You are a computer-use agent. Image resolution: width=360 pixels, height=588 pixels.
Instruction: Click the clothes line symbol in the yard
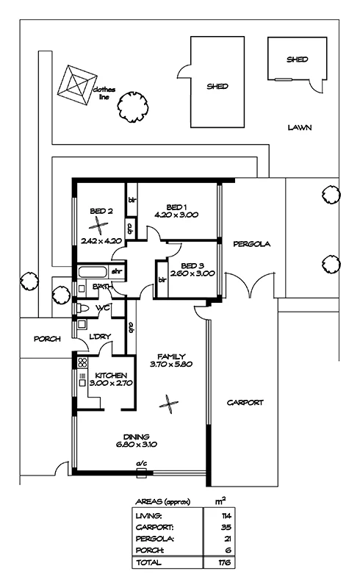tap(77, 85)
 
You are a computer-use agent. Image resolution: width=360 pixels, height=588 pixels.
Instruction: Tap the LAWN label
tap(300, 127)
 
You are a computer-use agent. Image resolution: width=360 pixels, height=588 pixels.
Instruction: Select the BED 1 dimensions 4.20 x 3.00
tap(176, 215)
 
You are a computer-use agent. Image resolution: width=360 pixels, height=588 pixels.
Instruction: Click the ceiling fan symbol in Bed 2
tap(98, 226)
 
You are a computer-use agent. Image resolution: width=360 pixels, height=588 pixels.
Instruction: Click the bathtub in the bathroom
tap(93, 272)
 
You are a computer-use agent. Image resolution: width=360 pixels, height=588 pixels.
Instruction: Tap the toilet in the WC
tap(82, 308)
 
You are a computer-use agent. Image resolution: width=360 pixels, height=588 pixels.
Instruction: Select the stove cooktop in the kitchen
tap(82, 362)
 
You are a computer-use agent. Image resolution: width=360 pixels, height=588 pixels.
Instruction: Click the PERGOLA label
tap(251, 244)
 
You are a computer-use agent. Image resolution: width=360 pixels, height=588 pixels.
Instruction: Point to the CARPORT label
tap(245, 403)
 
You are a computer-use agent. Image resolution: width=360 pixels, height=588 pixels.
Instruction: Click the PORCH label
tap(47, 339)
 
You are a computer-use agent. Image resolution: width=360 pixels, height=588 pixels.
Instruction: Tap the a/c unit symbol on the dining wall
tap(141, 473)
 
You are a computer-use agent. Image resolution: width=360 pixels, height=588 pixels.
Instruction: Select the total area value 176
tap(225, 562)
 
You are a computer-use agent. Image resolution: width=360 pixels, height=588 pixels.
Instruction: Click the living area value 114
tap(226, 516)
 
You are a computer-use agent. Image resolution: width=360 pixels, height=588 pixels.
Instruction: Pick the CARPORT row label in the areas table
tap(154, 528)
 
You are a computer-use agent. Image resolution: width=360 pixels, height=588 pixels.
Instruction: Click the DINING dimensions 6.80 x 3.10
tap(137, 445)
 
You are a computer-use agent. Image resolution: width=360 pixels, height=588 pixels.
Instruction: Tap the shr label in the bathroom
tap(117, 271)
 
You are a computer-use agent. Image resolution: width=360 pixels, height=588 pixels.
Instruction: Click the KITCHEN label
tap(111, 376)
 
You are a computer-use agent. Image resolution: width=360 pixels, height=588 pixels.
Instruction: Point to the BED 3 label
tap(192, 266)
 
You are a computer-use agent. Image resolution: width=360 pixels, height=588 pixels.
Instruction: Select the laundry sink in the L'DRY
tap(82, 324)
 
